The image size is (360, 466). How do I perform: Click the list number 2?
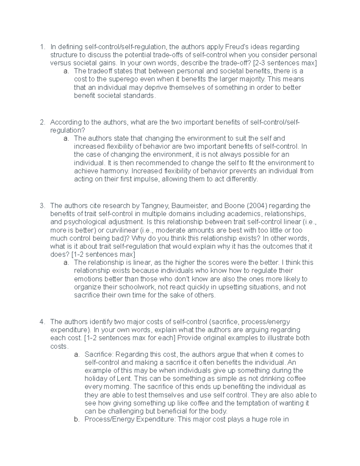(42, 122)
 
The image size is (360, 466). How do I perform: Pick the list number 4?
(42, 322)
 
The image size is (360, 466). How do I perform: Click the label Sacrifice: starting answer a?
(99, 354)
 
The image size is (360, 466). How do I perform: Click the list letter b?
(77, 419)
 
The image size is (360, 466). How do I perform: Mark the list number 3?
(42, 206)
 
